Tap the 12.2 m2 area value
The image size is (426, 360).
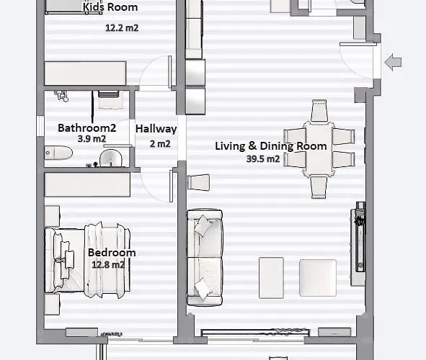pos(122,29)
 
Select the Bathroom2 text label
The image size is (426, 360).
pos(87,128)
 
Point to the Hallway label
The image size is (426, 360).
pos(156,129)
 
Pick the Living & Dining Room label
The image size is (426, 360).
pos(271,146)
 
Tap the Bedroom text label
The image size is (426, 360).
pos(111,253)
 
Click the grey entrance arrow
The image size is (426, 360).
pos(393,63)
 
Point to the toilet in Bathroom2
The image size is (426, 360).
pos(57,153)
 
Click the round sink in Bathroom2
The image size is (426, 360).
pos(110,158)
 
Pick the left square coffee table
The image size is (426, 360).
pos(271,277)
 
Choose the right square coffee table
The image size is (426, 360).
pos(317,278)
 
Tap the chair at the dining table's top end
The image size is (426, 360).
pos(319,112)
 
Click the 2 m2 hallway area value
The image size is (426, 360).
pos(159,143)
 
